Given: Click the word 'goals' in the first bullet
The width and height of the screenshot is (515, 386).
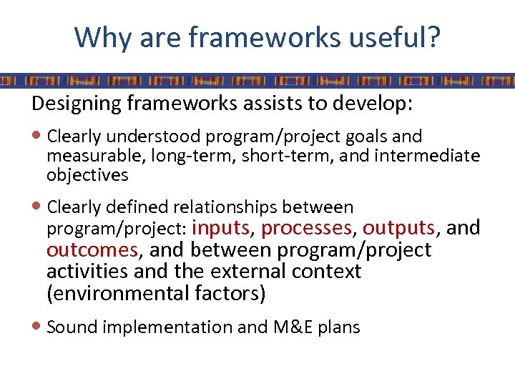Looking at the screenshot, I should coord(366,136).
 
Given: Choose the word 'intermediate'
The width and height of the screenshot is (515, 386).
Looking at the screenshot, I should coord(429,155).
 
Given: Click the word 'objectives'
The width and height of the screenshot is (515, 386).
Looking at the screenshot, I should coord(87,174).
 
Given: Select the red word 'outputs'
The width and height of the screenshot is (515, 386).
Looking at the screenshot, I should coord(399,229).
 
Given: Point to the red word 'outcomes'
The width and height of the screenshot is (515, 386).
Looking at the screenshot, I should coord(92,250).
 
